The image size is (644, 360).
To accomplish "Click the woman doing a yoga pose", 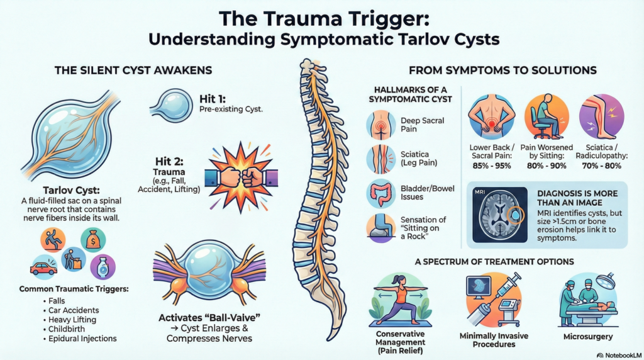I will point(401,298).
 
